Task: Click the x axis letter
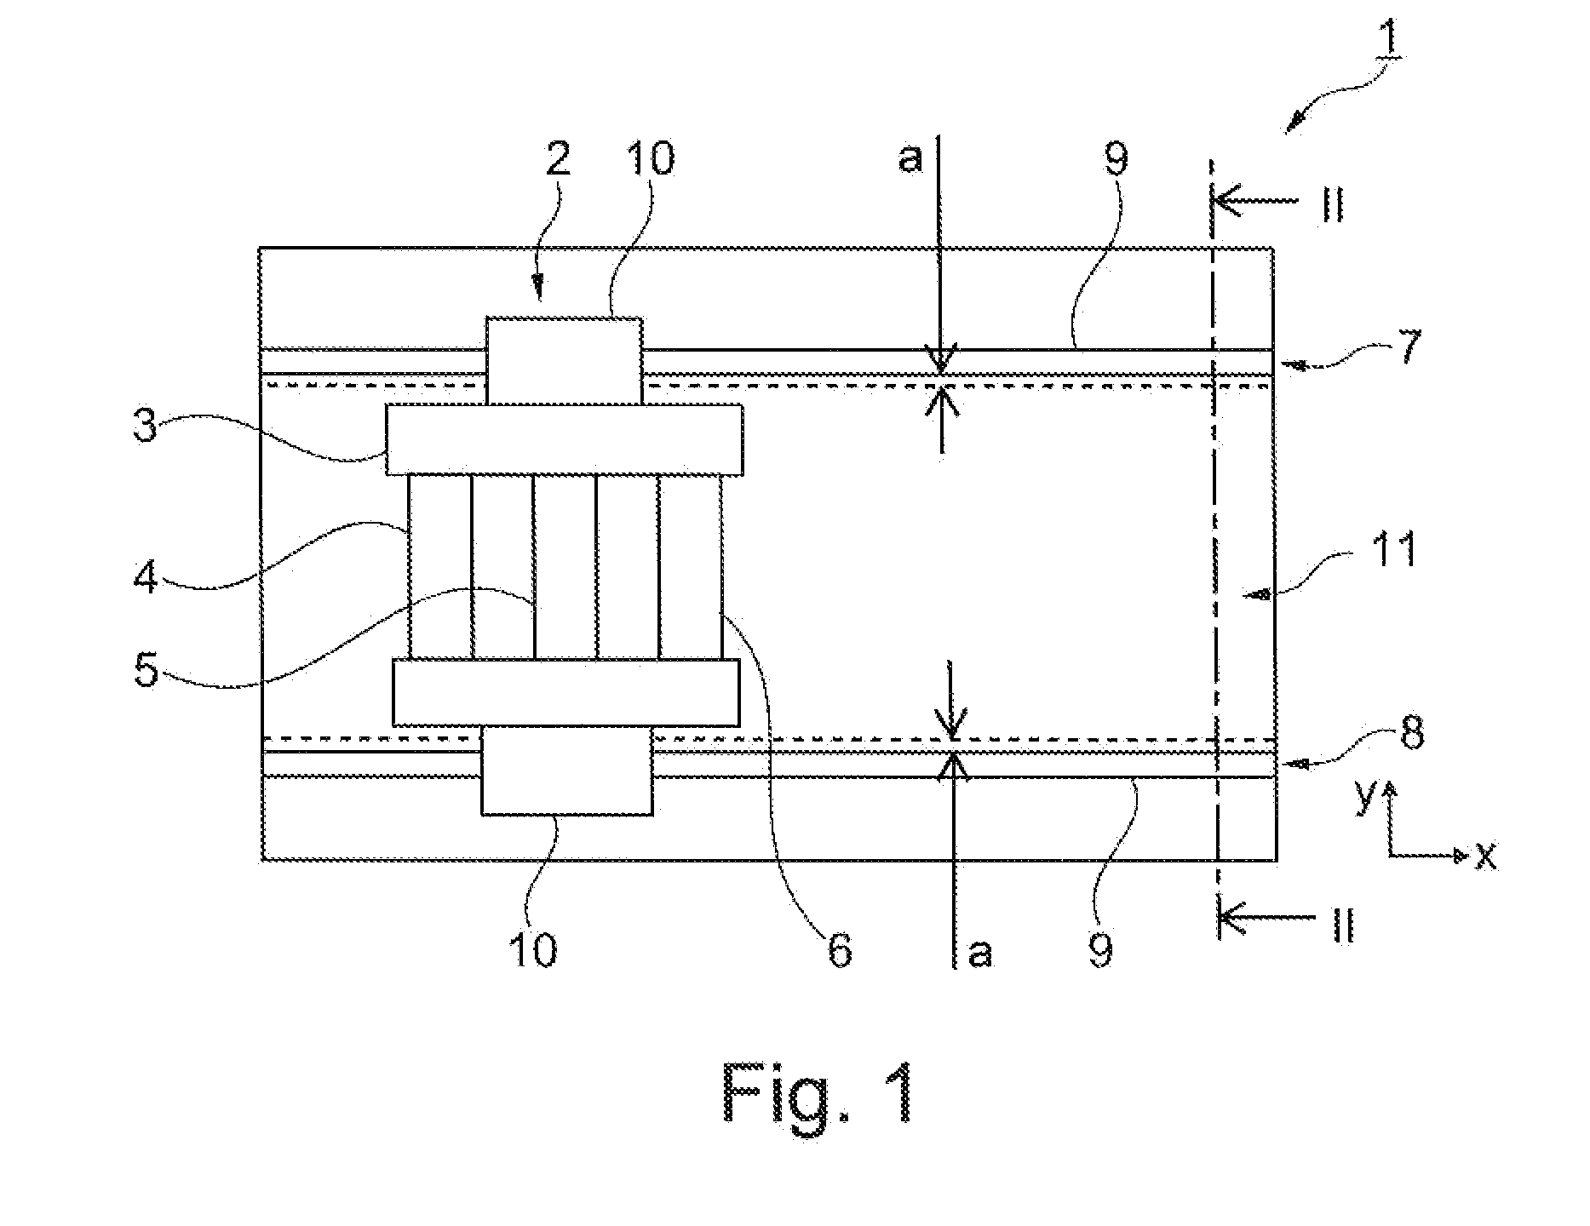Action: click(x=1486, y=856)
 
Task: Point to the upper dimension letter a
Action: click(x=910, y=159)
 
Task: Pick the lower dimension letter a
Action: click(x=981, y=953)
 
